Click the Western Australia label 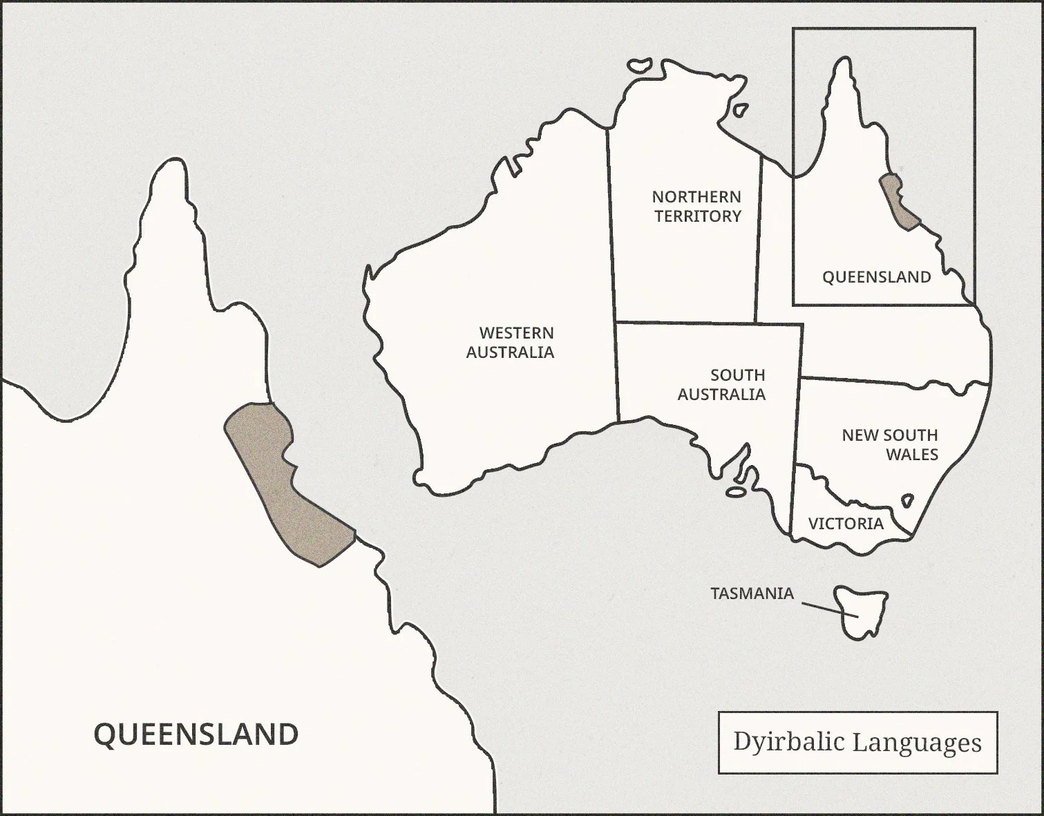(510, 343)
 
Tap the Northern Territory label (697, 207)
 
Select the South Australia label (722, 385)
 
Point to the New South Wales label (890, 444)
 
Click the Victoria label (846, 524)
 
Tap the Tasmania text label (752, 594)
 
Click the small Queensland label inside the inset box (876, 277)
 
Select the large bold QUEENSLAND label (196, 734)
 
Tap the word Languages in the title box (916, 742)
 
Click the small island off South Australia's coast (735, 493)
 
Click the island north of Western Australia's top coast (640, 64)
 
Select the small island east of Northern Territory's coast (739, 110)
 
